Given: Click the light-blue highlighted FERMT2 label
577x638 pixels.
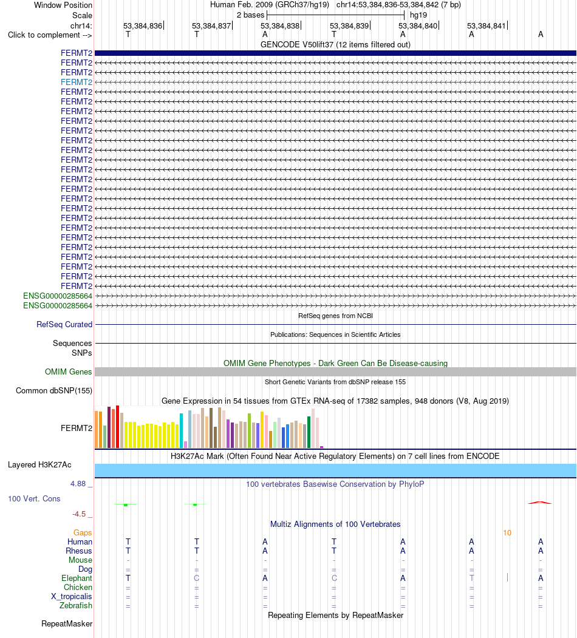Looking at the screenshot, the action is click(x=77, y=82).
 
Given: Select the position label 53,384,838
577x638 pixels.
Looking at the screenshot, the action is click(x=280, y=26).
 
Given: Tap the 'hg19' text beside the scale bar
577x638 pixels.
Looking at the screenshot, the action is click(x=418, y=15).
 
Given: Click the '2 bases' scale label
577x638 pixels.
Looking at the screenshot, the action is click(x=250, y=15).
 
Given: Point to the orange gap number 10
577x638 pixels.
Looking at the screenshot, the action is click(x=507, y=532).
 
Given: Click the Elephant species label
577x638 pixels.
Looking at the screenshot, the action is click(x=77, y=578).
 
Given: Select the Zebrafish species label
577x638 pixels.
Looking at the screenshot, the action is click(x=76, y=605).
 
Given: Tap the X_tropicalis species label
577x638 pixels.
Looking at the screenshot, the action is click(x=72, y=597).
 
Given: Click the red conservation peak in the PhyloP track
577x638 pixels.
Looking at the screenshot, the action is click(x=540, y=503).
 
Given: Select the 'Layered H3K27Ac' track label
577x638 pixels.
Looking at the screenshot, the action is click(x=39, y=464).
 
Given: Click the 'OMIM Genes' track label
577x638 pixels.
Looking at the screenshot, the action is click(x=69, y=372).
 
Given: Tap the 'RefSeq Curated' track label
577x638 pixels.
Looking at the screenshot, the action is click(x=64, y=325).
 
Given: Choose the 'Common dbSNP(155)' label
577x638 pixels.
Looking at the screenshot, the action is click(x=54, y=390).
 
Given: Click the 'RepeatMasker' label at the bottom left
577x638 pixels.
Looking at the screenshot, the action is click(x=67, y=624).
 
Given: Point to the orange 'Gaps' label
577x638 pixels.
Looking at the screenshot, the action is click(x=83, y=532).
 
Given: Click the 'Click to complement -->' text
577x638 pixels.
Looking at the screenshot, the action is click(x=50, y=35).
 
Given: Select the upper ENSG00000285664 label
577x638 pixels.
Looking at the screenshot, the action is click(x=58, y=296).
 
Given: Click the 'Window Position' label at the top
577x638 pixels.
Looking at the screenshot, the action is click(x=63, y=5).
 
